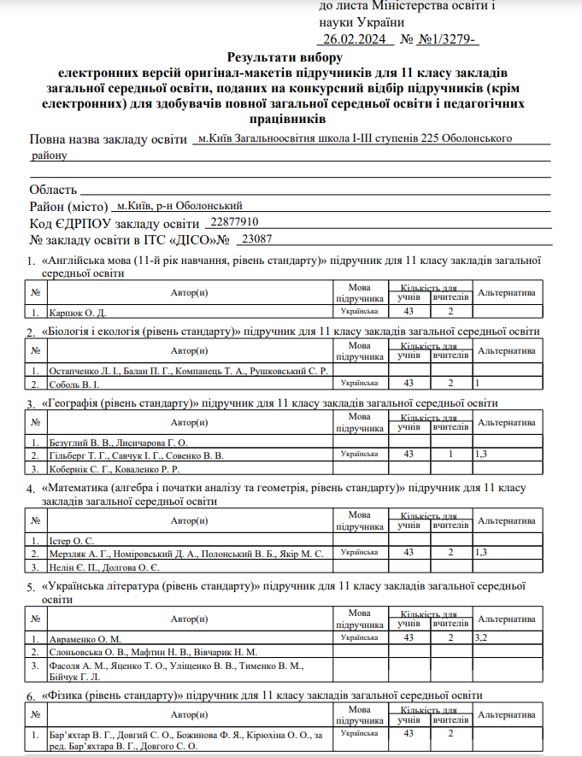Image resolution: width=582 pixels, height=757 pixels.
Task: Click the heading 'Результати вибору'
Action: tap(285, 57)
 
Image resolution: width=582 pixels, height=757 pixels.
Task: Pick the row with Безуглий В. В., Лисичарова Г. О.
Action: tap(118, 442)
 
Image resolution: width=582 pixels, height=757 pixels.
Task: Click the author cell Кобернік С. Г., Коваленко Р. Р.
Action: tap(114, 467)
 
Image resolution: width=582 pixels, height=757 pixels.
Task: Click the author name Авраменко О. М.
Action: tap(86, 638)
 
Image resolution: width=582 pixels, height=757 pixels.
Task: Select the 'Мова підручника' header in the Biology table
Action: tap(359, 351)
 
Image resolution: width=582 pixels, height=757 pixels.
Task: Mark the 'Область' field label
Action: tap(53, 189)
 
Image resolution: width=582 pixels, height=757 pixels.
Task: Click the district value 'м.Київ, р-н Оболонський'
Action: tap(179, 206)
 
